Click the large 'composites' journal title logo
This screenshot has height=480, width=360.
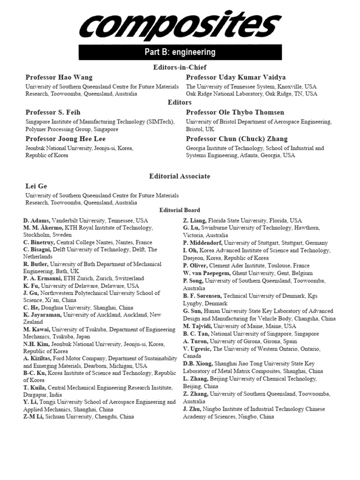click(180, 26)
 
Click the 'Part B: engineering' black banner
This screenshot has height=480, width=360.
click(180, 52)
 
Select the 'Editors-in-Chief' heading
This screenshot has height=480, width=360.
click(180, 67)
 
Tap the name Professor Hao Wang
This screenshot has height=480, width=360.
click(59, 77)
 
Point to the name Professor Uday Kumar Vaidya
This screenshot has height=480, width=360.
click(236, 77)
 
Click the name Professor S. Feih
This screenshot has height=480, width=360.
click(52, 112)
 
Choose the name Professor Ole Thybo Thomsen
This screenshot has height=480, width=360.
click(235, 112)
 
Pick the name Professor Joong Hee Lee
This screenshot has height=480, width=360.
click(66, 139)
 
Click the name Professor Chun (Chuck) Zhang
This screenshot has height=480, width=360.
click(237, 139)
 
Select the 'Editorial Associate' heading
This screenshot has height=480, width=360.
click(180, 176)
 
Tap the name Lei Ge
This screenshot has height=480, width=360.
click(36, 186)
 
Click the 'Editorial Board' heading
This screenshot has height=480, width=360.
click(180, 210)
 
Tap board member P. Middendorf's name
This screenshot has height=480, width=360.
click(202, 243)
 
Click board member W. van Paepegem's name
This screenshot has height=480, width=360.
click(206, 273)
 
